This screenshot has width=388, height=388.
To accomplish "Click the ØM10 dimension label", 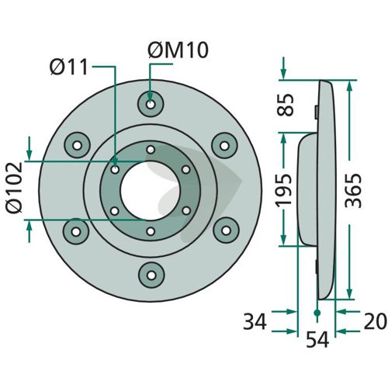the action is pos(178,50).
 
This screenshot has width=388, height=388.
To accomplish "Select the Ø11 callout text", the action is pos(69,67).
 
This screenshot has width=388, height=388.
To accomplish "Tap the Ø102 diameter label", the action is pos(15,188).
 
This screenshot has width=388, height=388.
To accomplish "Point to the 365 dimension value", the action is pos(353,190).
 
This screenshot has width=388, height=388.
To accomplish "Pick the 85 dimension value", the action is pos(286,105).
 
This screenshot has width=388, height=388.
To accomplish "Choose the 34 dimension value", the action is pos(255,321).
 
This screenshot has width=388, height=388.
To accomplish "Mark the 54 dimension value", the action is pos(317,339).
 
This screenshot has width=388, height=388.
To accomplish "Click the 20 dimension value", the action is pos(376,321).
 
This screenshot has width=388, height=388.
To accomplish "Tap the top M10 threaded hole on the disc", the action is pos(151,105).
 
